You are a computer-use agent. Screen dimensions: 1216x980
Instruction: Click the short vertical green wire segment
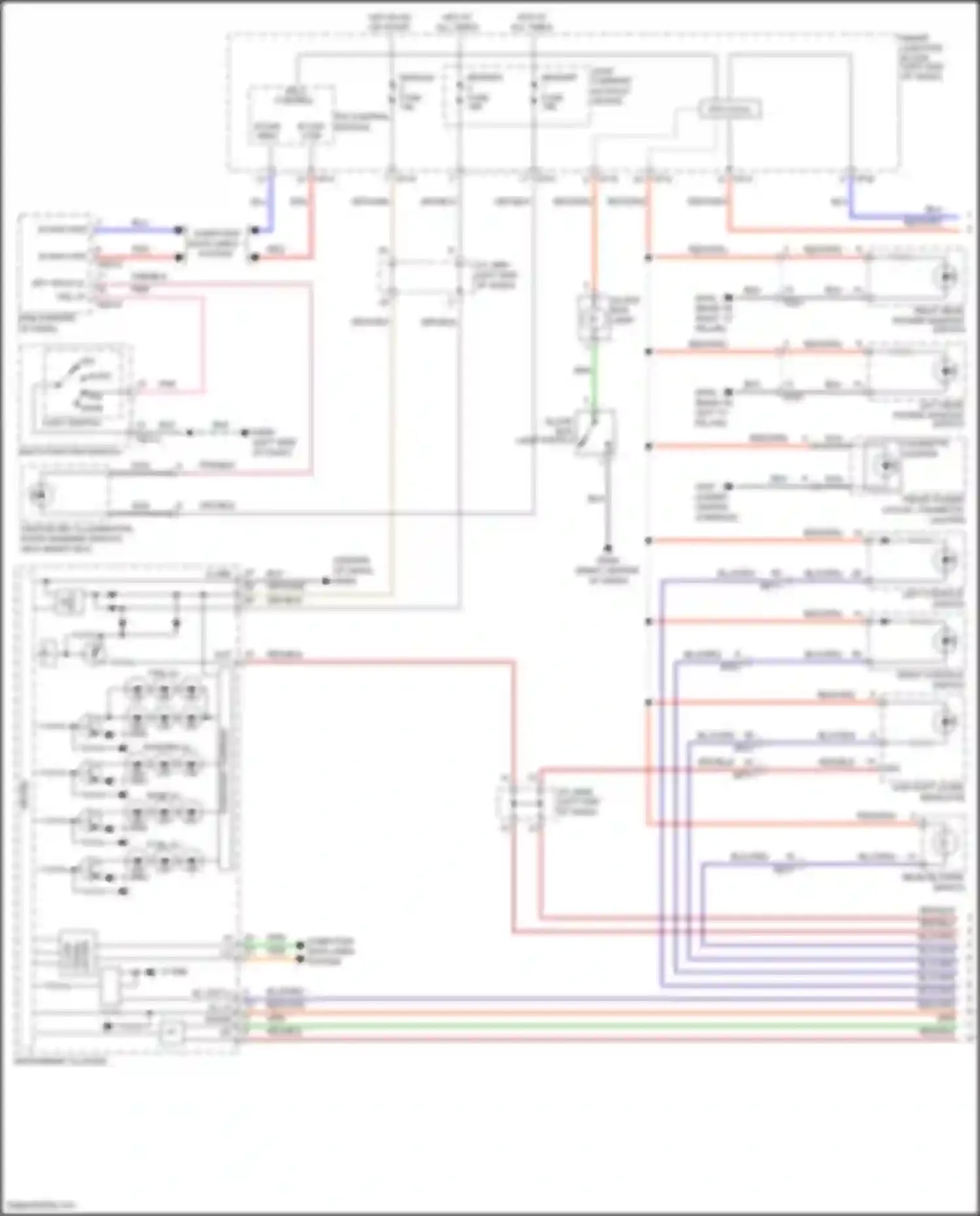click(594, 376)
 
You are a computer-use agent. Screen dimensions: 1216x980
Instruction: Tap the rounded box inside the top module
click(730, 109)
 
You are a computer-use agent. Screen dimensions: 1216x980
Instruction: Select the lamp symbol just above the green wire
click(593, 318)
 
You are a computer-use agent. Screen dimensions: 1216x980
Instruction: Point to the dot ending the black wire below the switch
click(608, 548)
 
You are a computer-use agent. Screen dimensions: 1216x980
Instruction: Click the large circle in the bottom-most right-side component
click(942, 842)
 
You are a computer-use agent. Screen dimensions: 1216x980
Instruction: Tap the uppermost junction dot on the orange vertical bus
click(648, 258)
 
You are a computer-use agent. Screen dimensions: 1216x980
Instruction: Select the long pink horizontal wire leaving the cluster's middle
click(379, 663)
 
